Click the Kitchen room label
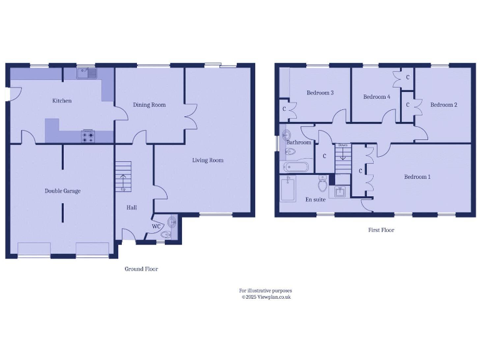[x=62, y=101]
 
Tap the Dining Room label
[x=149, y=105]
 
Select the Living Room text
[x=207, y=161]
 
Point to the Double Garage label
[x=62, y=191]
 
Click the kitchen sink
[x=87, y=73]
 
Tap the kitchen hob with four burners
[x=87, y=136]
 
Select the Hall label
[x=131, y=207]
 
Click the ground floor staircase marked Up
[x=123, y=176]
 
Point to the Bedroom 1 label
[x=417, y=177]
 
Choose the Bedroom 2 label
[x=444, y=105]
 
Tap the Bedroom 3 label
[x=319, y=93]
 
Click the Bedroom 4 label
[x=377, y=97]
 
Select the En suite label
[x=314, y=200]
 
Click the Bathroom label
[x=299, y=142]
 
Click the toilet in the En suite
[x=323, y=184]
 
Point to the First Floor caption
[x=381, y=230]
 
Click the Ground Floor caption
[x=142, y=269]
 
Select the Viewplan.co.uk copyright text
[x=266, y=297]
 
